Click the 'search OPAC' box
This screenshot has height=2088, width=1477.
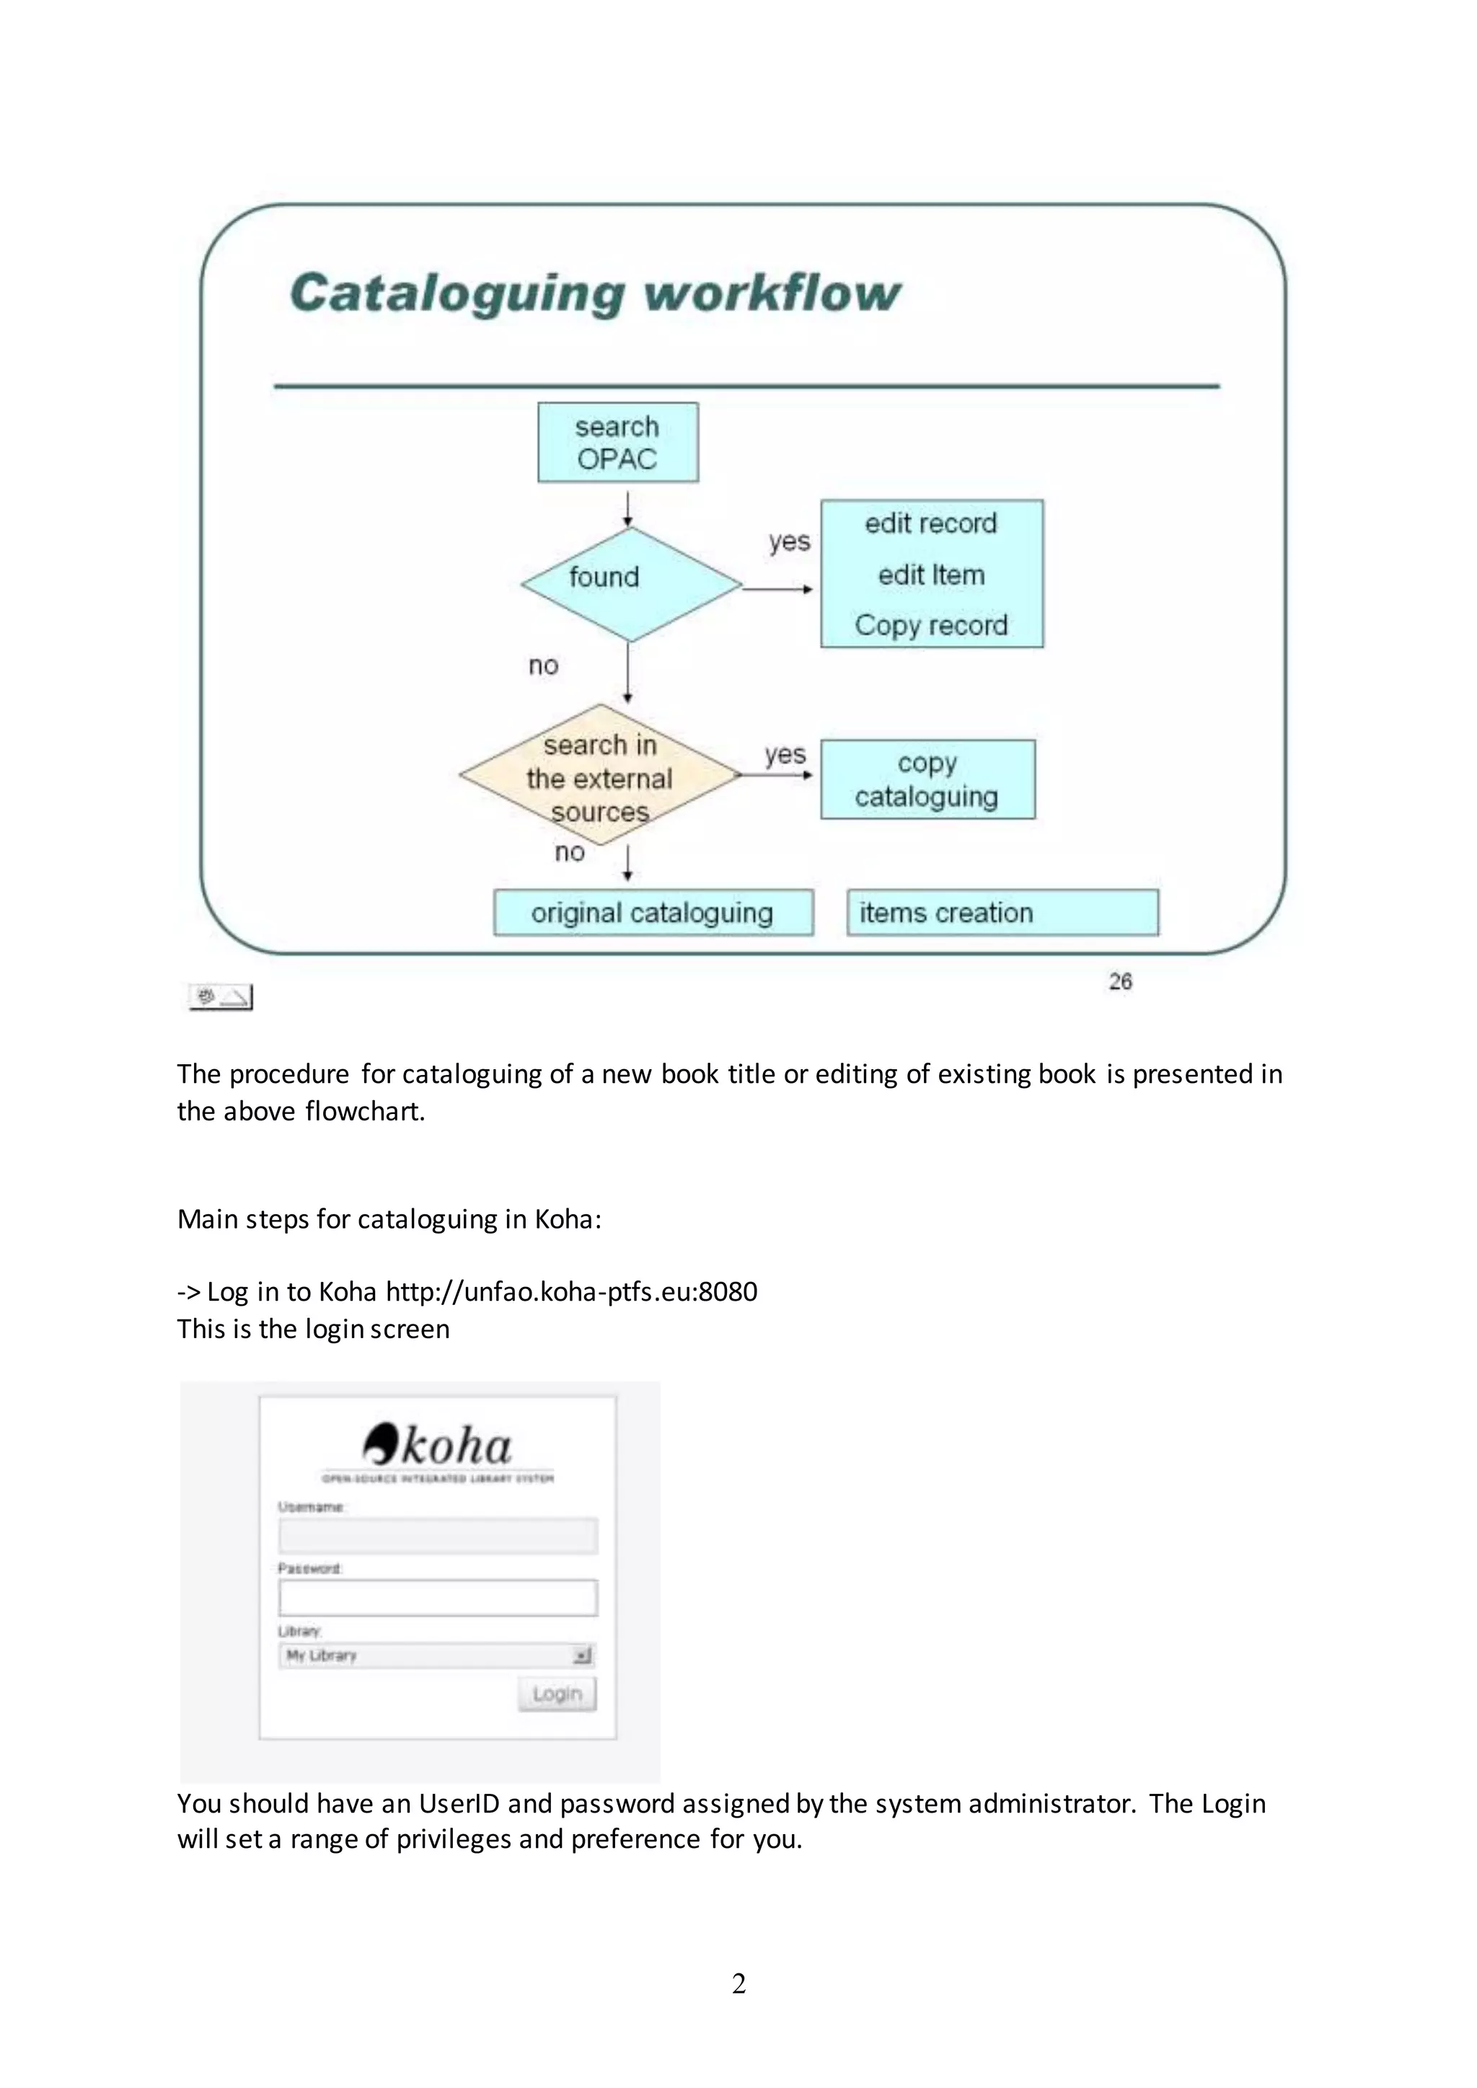click(617, 443)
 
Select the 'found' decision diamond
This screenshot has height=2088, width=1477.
click(630, 583)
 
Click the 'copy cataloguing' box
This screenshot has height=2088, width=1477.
click(927, 779)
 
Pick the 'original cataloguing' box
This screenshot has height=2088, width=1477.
click(652, 912)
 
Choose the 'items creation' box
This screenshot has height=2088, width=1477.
click(1002, 912)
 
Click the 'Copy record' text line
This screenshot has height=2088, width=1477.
click(930, 626)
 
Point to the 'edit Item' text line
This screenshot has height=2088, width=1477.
click(930, 575)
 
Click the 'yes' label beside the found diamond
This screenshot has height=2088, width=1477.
click(788, 542)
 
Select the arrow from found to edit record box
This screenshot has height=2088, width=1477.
click(777, 589)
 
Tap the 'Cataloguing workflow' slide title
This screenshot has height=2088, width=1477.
click(595, 293)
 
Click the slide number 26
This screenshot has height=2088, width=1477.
click(1119, 981)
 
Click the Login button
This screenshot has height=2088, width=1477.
click(557, 1694)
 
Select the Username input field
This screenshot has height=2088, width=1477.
click(438, 1536)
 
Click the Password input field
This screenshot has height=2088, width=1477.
click(438, 1598)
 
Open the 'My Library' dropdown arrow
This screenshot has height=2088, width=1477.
click(582, 1655)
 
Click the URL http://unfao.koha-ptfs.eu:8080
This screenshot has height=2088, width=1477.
click(571, 1291)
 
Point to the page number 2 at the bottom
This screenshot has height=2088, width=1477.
click(738, 1983)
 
